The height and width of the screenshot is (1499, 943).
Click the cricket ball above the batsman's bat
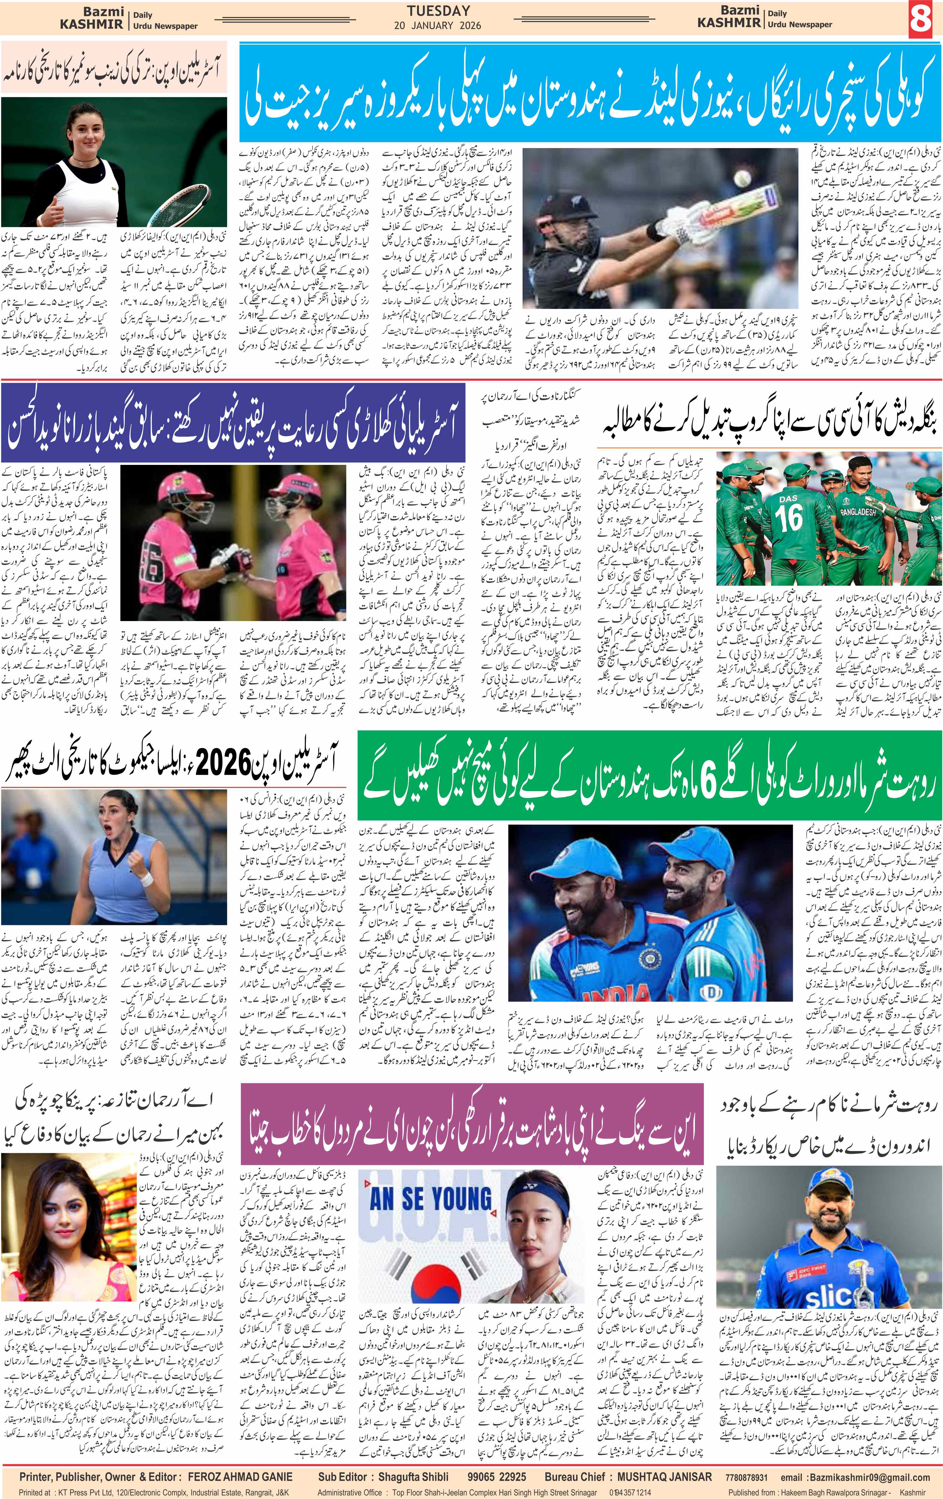[x=741, y=179]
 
